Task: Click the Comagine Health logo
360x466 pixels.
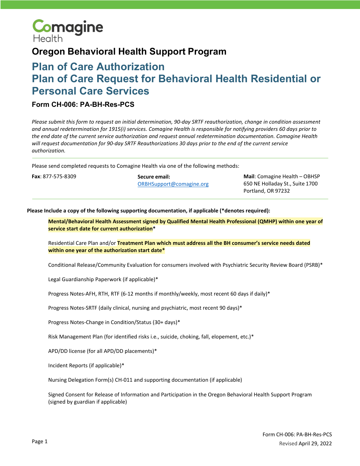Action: click(x=67, y=31)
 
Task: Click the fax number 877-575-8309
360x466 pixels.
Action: click(x=59, y=176)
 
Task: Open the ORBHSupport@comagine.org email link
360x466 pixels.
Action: click(x=173, y=184)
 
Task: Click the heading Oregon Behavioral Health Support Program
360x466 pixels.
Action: click(x=129, y=52)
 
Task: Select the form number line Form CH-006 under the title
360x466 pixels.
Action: click(x=83, y=104)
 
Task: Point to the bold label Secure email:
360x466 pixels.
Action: click(x=154, y=177)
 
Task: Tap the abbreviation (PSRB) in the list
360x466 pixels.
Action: click(x=312, y=265)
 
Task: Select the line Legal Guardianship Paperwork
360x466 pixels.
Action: click(x=103, y=279)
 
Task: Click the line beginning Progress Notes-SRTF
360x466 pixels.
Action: click(x=145, y=308)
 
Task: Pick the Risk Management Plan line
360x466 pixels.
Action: click(x=151, y=337)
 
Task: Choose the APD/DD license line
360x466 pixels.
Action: click(x=102, y=351)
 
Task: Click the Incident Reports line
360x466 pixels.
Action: click(x=86, y=365)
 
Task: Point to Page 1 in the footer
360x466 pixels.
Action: click(x=40, y=441)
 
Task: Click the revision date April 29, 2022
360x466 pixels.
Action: click(x=315, y=443)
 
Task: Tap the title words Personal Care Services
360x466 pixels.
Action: click(x=90, y=91)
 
